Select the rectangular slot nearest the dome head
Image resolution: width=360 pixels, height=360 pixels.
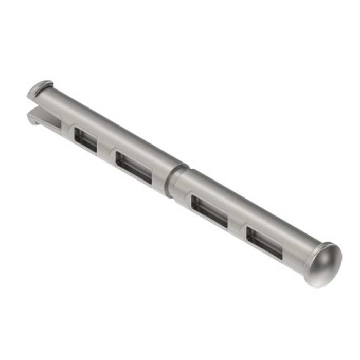(x=264, y=242)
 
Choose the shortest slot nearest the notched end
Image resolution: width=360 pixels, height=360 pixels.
(x=85, y=139)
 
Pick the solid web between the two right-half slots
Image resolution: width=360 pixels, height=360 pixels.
(x=237, y=226)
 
